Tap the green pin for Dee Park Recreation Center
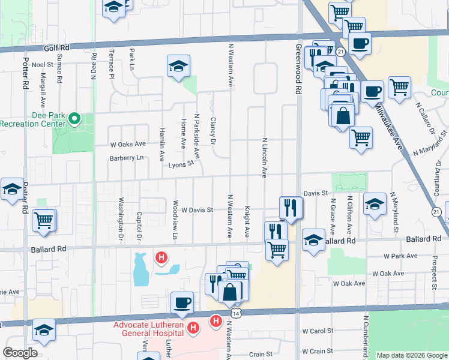[x=74, y=119]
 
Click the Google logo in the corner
[x=20, y=353]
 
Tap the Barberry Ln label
[x=127, y=158]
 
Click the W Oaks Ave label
[x=128, y=144]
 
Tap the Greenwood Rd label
[x=298, y=70]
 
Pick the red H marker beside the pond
[x=161, y=258]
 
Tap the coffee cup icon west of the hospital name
[x=182, y=303]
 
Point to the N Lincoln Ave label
[x=264, y=158]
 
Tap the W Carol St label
[x=318, y=331]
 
